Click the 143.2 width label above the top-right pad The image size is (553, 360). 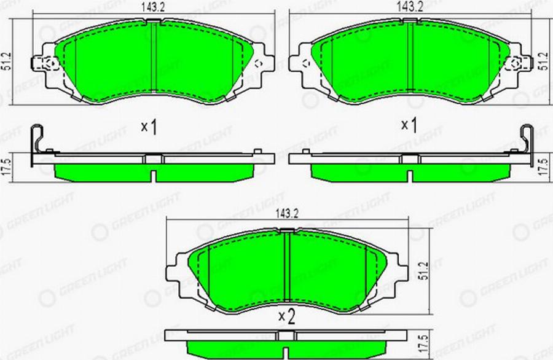(x=410, y=7)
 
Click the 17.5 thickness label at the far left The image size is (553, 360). (x=7, y=167)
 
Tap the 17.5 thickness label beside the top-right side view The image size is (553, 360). (x=543, y=167)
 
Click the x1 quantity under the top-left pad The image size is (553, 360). (x=149, y=127)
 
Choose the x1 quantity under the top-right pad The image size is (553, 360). (x=409, y=125)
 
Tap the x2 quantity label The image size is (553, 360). (x=286, y=317)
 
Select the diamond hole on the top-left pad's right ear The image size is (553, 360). (x=258, y=63)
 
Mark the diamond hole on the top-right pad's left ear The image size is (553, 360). (x=305, y=63)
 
